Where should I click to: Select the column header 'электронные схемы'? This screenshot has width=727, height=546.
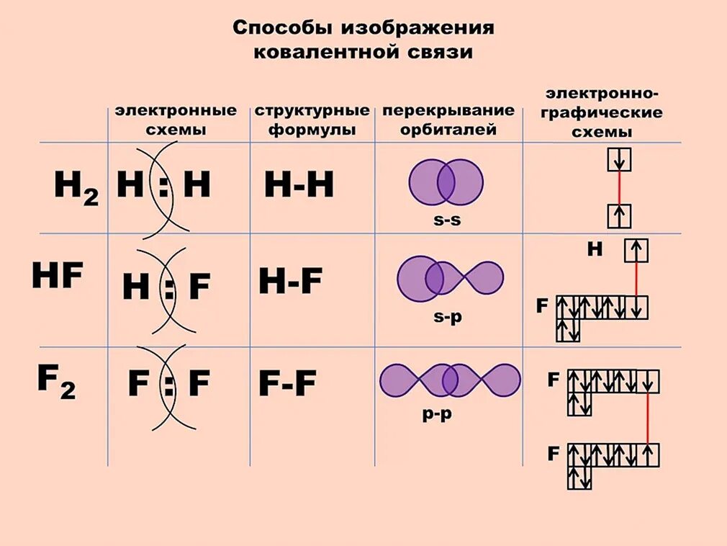pyautogui.click(x=176, y=120)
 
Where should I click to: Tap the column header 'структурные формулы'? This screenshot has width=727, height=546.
pyautogui.click(x=312, y=120)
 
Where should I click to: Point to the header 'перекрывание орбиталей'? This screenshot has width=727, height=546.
pyautogui.click(x=448, y=120)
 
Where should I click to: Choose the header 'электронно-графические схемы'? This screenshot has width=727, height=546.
pyautogui.click(x=602, y=113)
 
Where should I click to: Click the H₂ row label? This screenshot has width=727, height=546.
pyautogui.click(x=76, y=189)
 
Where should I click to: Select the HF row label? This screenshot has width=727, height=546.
pyautogui.click(x=58, y=276)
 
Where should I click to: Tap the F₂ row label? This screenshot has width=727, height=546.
pyautogui.click(x=56, y=382)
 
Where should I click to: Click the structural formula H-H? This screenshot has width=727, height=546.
pyautogui.click(x=299, y=186)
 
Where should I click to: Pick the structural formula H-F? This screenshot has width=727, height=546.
pyautogui.click(x=290, y=282)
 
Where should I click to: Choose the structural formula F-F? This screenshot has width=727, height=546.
pyautogui.click(x=287, y=385)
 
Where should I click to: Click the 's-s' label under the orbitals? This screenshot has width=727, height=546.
pyautogui.click(x=447, y=220)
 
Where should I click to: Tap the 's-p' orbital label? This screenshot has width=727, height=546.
pyautogui.click(x=447, y=316)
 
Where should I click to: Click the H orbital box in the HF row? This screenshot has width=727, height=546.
pyautogui.click(x=636, y=250)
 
